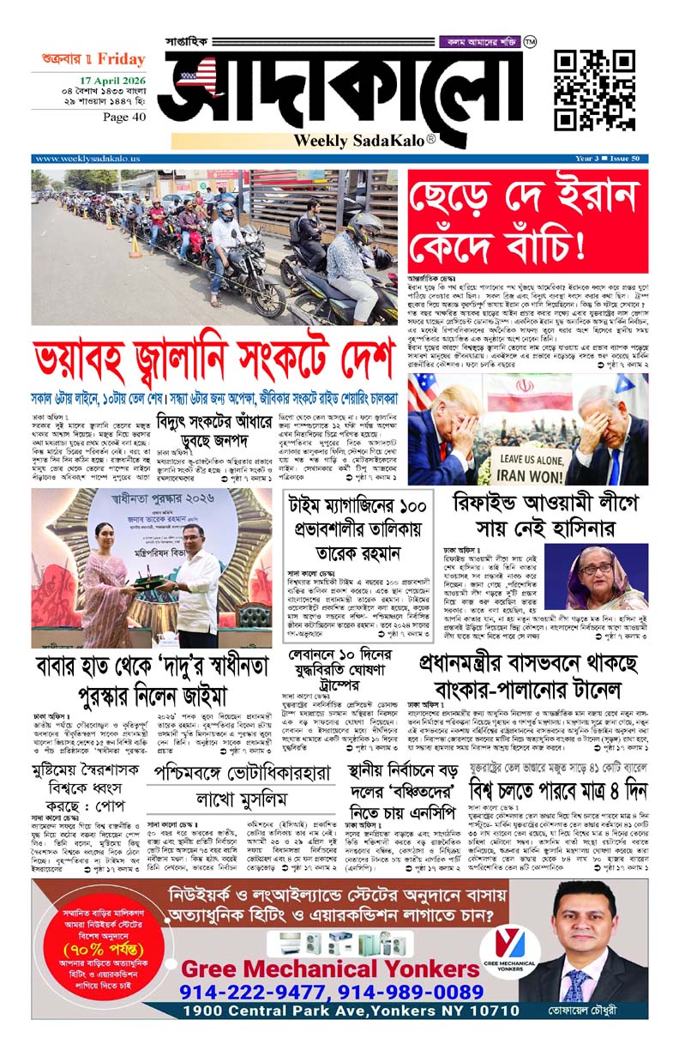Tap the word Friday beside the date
click(x=121, y=59)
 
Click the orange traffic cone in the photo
click(x=135, y=247)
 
